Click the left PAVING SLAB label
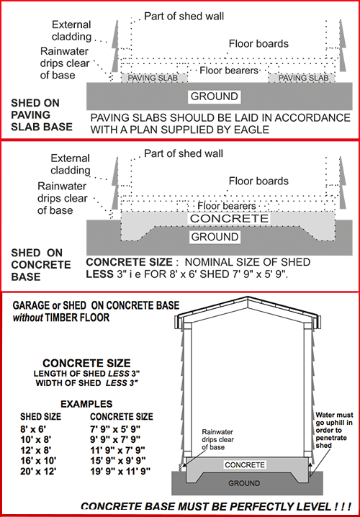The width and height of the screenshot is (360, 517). click(153, 78)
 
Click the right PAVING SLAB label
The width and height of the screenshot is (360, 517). click(304, 78)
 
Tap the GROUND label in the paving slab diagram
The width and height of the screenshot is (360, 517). click(215, 96)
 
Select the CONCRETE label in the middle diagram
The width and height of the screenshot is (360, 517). click(229, 218)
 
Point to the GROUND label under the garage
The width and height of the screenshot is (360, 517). click(244, 483)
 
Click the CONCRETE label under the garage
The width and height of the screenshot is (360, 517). click(245, 465)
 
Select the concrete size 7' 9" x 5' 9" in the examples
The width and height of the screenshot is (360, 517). click(115, 429)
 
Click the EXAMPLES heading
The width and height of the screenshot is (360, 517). click(86, 404)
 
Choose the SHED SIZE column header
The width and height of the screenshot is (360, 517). click(40, 417)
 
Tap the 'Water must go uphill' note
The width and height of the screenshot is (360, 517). click(334, 431)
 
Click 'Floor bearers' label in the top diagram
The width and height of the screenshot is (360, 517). click(229, 71)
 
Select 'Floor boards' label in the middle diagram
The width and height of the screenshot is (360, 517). click(258, 181)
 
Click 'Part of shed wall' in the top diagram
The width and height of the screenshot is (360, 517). click(184, 16)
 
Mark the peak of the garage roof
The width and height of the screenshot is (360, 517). click(248, 297)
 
